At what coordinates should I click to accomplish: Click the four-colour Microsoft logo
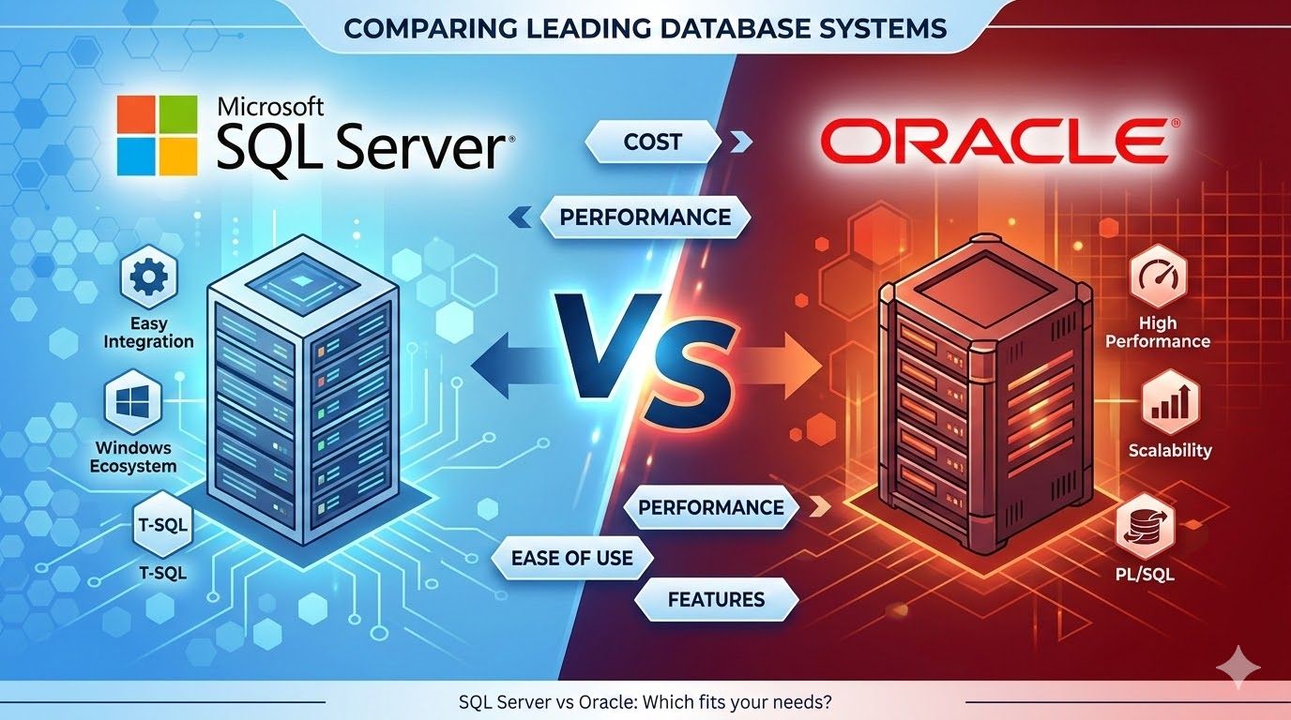(x=157, y=135)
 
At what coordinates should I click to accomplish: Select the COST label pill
(x=652, y=142)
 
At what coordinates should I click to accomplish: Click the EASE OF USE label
(x=571, y=559)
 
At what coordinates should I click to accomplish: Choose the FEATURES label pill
(x=716, y=599)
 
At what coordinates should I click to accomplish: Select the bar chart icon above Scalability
(x=1169, y=404)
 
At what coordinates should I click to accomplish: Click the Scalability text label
(x=1169, y=450)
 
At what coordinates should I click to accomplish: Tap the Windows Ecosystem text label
(x=135, y=457)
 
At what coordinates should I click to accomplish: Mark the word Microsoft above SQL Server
(x=270, y=105)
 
